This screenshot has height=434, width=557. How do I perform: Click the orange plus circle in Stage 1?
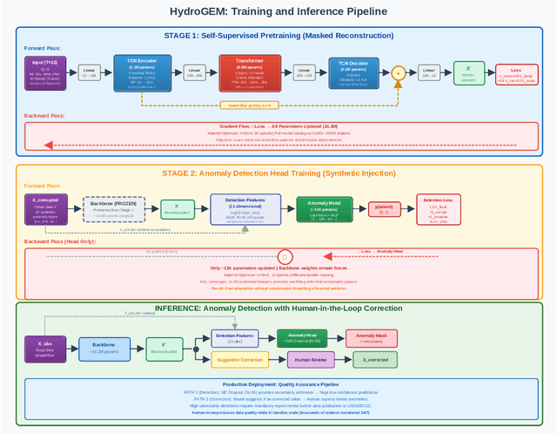[399, 73]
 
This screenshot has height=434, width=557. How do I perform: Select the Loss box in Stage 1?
[515, 74]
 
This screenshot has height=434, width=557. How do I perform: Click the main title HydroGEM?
[278, 12]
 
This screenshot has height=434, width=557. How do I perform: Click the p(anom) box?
[386, 209]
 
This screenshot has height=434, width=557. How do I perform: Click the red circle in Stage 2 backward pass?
[283, 257]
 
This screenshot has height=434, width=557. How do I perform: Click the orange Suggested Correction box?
[239, 359]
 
